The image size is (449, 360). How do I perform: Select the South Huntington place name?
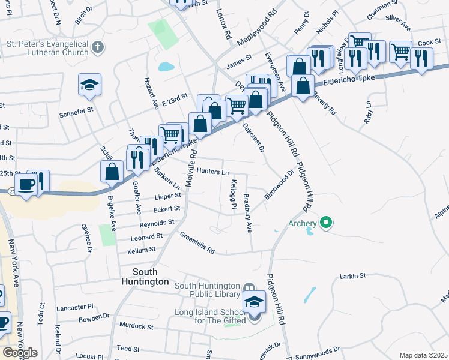click(144, 276)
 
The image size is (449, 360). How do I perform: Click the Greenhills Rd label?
click(197, 244)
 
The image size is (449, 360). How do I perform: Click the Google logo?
click(20, 353)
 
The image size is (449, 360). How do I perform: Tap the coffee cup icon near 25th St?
click(26, 184)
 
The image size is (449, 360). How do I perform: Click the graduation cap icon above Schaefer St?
click(89, 85)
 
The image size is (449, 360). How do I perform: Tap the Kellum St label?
click(142, 249)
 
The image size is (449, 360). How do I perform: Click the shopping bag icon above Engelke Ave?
click(112, 171)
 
